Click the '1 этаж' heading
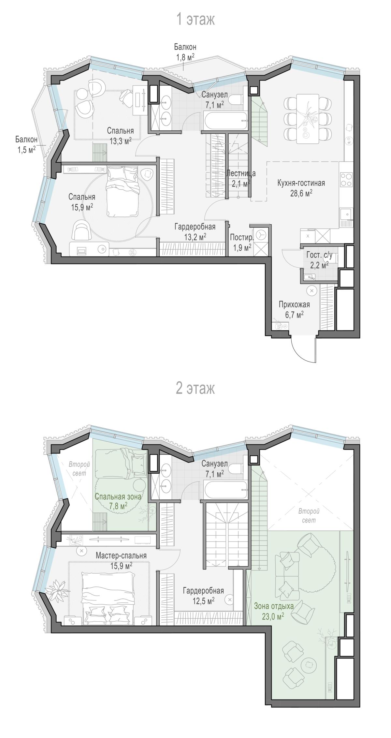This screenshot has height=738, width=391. point(195,20)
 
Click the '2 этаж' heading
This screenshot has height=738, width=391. point(195,388)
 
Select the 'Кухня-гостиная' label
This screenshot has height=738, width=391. point(301,183)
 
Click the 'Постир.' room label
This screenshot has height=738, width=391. point(241,237)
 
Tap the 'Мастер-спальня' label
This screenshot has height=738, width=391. point(121,555)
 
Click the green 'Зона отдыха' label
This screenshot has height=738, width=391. point(274,606)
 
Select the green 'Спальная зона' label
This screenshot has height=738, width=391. point(118,496)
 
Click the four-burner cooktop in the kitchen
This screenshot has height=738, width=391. point(346,179)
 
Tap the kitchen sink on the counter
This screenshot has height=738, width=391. point(347,214)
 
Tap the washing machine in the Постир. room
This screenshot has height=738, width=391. point(261,235)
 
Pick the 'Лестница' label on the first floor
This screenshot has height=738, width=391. point(241,173)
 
